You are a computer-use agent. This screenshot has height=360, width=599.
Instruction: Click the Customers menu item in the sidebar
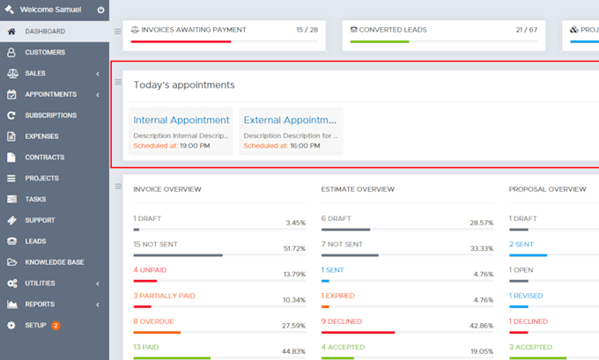pyautogui.click(x=45, y=52)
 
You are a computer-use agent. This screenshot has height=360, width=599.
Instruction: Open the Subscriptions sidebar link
pyautogui.click(x=50, y=115)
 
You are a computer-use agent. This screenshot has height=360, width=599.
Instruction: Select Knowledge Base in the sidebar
pyautogui.click(x=55, y=262)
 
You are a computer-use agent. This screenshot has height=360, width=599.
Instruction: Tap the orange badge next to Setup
pyautogui.click(x=55, y=326)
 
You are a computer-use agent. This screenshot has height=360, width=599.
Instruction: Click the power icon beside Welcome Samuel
pyautogui.click(x=100, y=11)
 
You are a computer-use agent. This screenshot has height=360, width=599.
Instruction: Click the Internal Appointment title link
pyautogui.click(x=181, y=120)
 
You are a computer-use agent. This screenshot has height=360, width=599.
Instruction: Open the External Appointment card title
pyautogui.click(x=290, y=120)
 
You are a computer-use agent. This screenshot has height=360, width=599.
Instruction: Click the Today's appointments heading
pyautogui.click(x=184, y=84)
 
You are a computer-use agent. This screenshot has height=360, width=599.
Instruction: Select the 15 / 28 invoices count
pyautogui.click(x=307, y=29)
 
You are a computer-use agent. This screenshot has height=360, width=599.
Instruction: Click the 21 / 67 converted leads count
pyautogui.click(x=526, y=29)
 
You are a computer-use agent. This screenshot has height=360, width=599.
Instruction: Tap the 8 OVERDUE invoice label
pyautogui.click(x=154, y=321)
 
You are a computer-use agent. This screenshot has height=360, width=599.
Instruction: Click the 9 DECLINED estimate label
pyautogui.click(x=342, y=321)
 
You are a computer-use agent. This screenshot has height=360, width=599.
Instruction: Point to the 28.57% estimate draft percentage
pyautogui.click(x=481, y=224)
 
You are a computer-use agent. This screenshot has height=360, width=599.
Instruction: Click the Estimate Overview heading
pyautogui.click(x=358, y=189)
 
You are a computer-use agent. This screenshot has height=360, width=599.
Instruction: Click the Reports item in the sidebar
pyautogui.click(x=40, y=305)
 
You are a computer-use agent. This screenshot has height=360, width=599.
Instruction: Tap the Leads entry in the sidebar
pyautogui.click(x=35, y=241)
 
